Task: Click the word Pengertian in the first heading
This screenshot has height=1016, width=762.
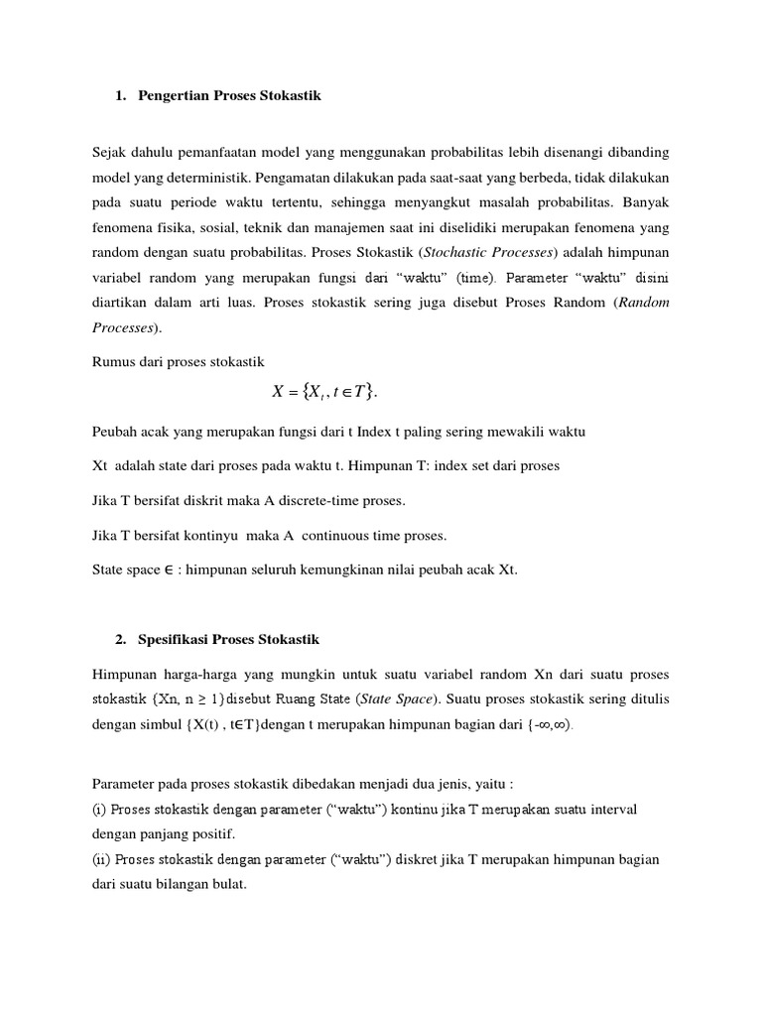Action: click(177, 96)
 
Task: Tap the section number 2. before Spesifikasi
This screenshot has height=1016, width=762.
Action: click(120, 639)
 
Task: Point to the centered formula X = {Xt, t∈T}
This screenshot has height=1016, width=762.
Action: click(325, 392)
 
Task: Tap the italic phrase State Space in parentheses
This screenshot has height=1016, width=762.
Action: click(373, 698)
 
